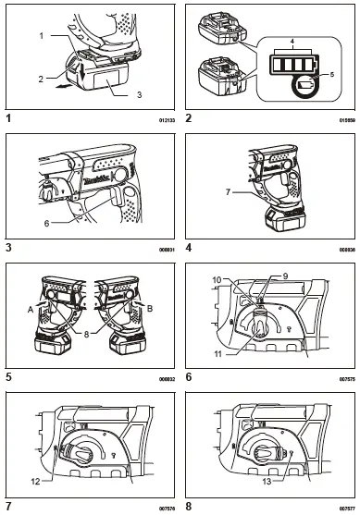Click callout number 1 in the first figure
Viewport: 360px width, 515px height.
click(41, 34)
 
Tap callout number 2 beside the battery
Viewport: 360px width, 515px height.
click(40, 80)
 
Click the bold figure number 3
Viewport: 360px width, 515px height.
click(8, 248)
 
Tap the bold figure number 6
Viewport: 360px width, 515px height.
click(189, 376)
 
